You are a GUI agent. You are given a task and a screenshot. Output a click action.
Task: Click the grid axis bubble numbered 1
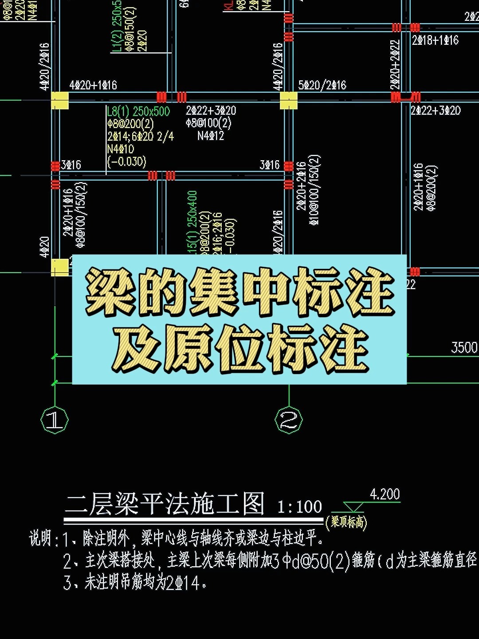coord(55,419)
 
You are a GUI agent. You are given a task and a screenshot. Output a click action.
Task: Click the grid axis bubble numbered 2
coord(289,419)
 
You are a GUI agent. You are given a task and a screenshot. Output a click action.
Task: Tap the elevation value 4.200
coord(385,494)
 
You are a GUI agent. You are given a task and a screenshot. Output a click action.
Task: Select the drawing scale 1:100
coord(299,507)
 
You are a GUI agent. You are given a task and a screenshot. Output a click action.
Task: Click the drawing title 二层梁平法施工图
coord(165,504)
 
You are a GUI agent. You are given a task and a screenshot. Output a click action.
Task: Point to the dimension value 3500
coord(464,347)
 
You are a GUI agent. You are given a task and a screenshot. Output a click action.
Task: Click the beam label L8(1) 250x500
coord(138,111)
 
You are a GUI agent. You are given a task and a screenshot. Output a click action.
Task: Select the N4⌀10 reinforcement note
coord(120,149)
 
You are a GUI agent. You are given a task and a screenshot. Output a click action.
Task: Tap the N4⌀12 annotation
coord(211,135)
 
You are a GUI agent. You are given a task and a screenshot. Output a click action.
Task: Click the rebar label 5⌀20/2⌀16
coord(322,85)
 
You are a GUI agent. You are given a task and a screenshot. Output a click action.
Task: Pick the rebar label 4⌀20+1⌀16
coord(93,85)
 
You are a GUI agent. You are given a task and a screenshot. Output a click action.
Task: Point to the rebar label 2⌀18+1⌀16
coord(435,40)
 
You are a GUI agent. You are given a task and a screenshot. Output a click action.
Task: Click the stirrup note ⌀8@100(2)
coord(208,123)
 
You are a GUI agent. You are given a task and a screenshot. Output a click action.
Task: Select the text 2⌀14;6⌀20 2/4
coord(140,136)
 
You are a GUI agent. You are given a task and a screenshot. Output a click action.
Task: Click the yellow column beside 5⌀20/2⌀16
coord(288,100)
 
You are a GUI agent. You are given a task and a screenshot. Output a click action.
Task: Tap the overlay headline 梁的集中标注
coord(239,292)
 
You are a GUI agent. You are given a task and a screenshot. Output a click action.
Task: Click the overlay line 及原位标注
coord(239,348)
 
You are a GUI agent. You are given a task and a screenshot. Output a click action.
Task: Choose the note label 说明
coord(43,538)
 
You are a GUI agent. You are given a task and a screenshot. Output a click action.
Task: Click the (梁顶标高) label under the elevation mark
coord(346,522)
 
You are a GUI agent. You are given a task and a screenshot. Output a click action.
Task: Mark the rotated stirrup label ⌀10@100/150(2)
coord(314,189)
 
